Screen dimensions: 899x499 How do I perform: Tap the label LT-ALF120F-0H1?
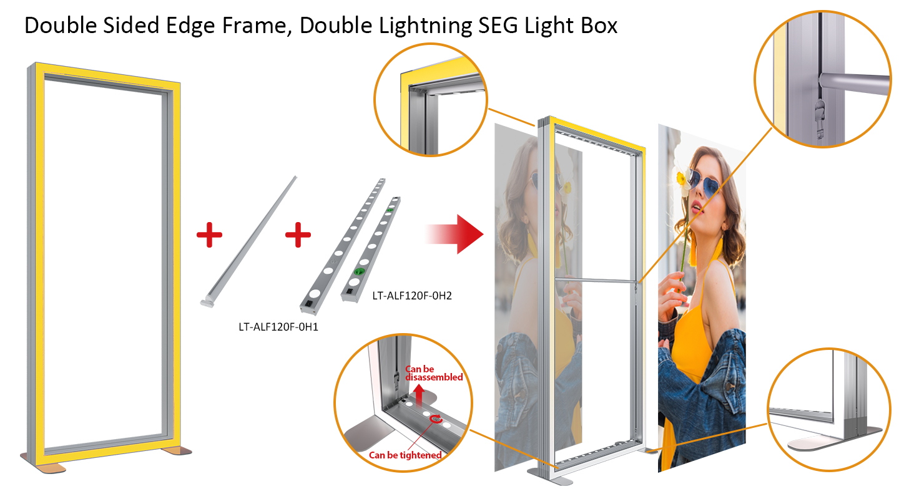point(278,327)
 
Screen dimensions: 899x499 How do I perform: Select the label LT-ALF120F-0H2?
point(412,296)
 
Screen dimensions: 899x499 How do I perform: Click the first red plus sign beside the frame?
point(209,235)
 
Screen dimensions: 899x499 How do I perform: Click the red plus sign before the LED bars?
point(298,235)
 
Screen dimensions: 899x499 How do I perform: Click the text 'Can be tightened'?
point(405,455)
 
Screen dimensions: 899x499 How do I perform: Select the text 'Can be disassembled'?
point(433,373)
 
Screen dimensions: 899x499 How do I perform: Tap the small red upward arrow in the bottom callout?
point(418,395)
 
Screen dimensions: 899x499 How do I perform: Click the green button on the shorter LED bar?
point(358,271)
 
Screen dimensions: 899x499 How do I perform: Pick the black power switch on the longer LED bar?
point(308,303)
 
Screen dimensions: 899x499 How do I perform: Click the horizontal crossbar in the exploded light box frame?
point(596,281)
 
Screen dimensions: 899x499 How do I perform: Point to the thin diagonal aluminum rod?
point(249,241)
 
